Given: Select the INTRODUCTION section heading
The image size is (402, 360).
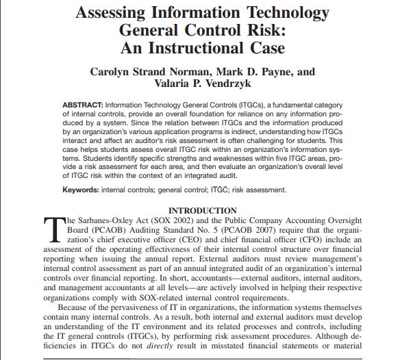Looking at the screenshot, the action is pyautogui.click(x=203, y=210).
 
